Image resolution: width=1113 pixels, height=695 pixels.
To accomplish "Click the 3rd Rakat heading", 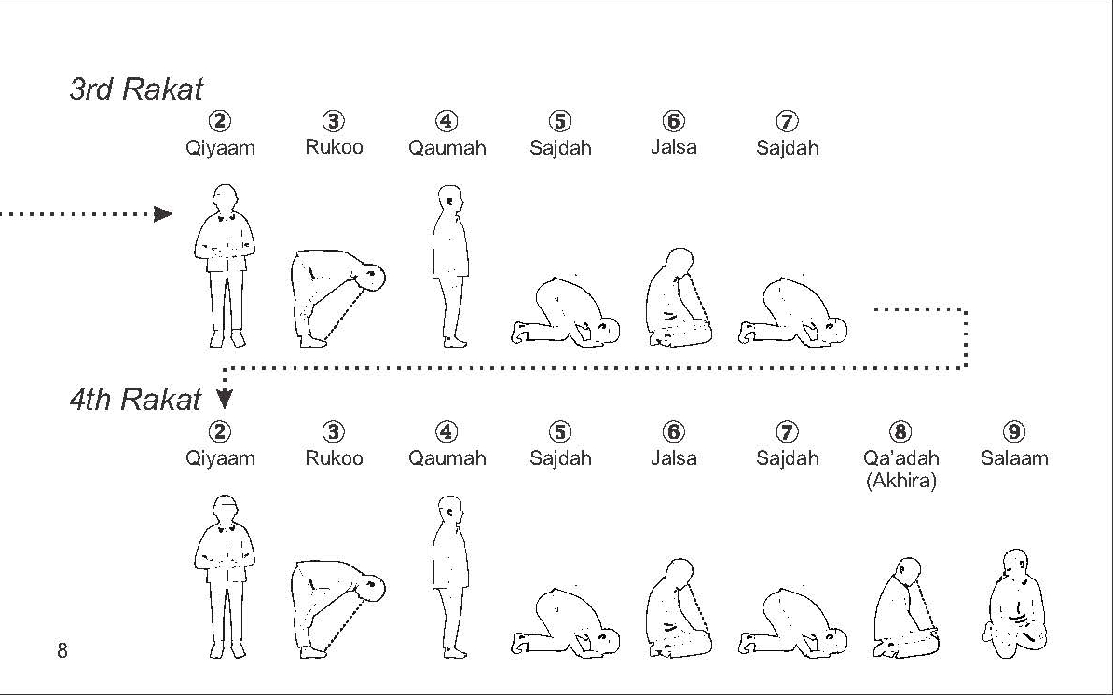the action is coord(135,89).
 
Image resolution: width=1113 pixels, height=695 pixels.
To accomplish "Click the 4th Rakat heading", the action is coord(135,400).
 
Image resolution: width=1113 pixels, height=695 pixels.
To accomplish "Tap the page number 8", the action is coord(62,650).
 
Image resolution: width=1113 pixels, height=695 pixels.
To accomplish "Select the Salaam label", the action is coord(1014,458).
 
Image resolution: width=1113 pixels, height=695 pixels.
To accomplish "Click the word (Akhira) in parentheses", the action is coord(900,482).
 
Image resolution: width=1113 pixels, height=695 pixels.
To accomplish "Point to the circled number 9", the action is coord(1014,431).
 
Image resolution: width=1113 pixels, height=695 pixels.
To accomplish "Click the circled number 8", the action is coord(900,431).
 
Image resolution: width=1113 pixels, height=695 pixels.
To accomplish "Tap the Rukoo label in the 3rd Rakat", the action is coord(334,147).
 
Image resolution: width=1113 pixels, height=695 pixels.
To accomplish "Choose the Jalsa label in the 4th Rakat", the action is coord(674,458).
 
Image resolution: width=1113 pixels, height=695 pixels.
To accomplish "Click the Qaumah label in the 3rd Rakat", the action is coord(447,147).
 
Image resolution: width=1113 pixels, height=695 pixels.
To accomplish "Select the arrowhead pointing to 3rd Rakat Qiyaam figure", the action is coord(163,213).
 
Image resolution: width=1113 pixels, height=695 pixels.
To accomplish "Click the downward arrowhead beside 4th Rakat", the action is coord(225,401).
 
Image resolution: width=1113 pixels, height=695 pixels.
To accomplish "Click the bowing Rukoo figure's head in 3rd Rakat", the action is coord(372,278).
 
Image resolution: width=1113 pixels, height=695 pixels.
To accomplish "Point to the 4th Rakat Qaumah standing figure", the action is coord(450,577).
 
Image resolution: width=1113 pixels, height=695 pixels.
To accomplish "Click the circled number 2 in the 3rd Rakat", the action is coord(220,121).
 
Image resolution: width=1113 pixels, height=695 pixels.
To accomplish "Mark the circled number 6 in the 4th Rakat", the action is coord(674,431).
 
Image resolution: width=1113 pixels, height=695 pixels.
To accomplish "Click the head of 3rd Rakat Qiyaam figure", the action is coord(226,198).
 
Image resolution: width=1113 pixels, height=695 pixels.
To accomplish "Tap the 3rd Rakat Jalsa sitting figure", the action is coord(678,298).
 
